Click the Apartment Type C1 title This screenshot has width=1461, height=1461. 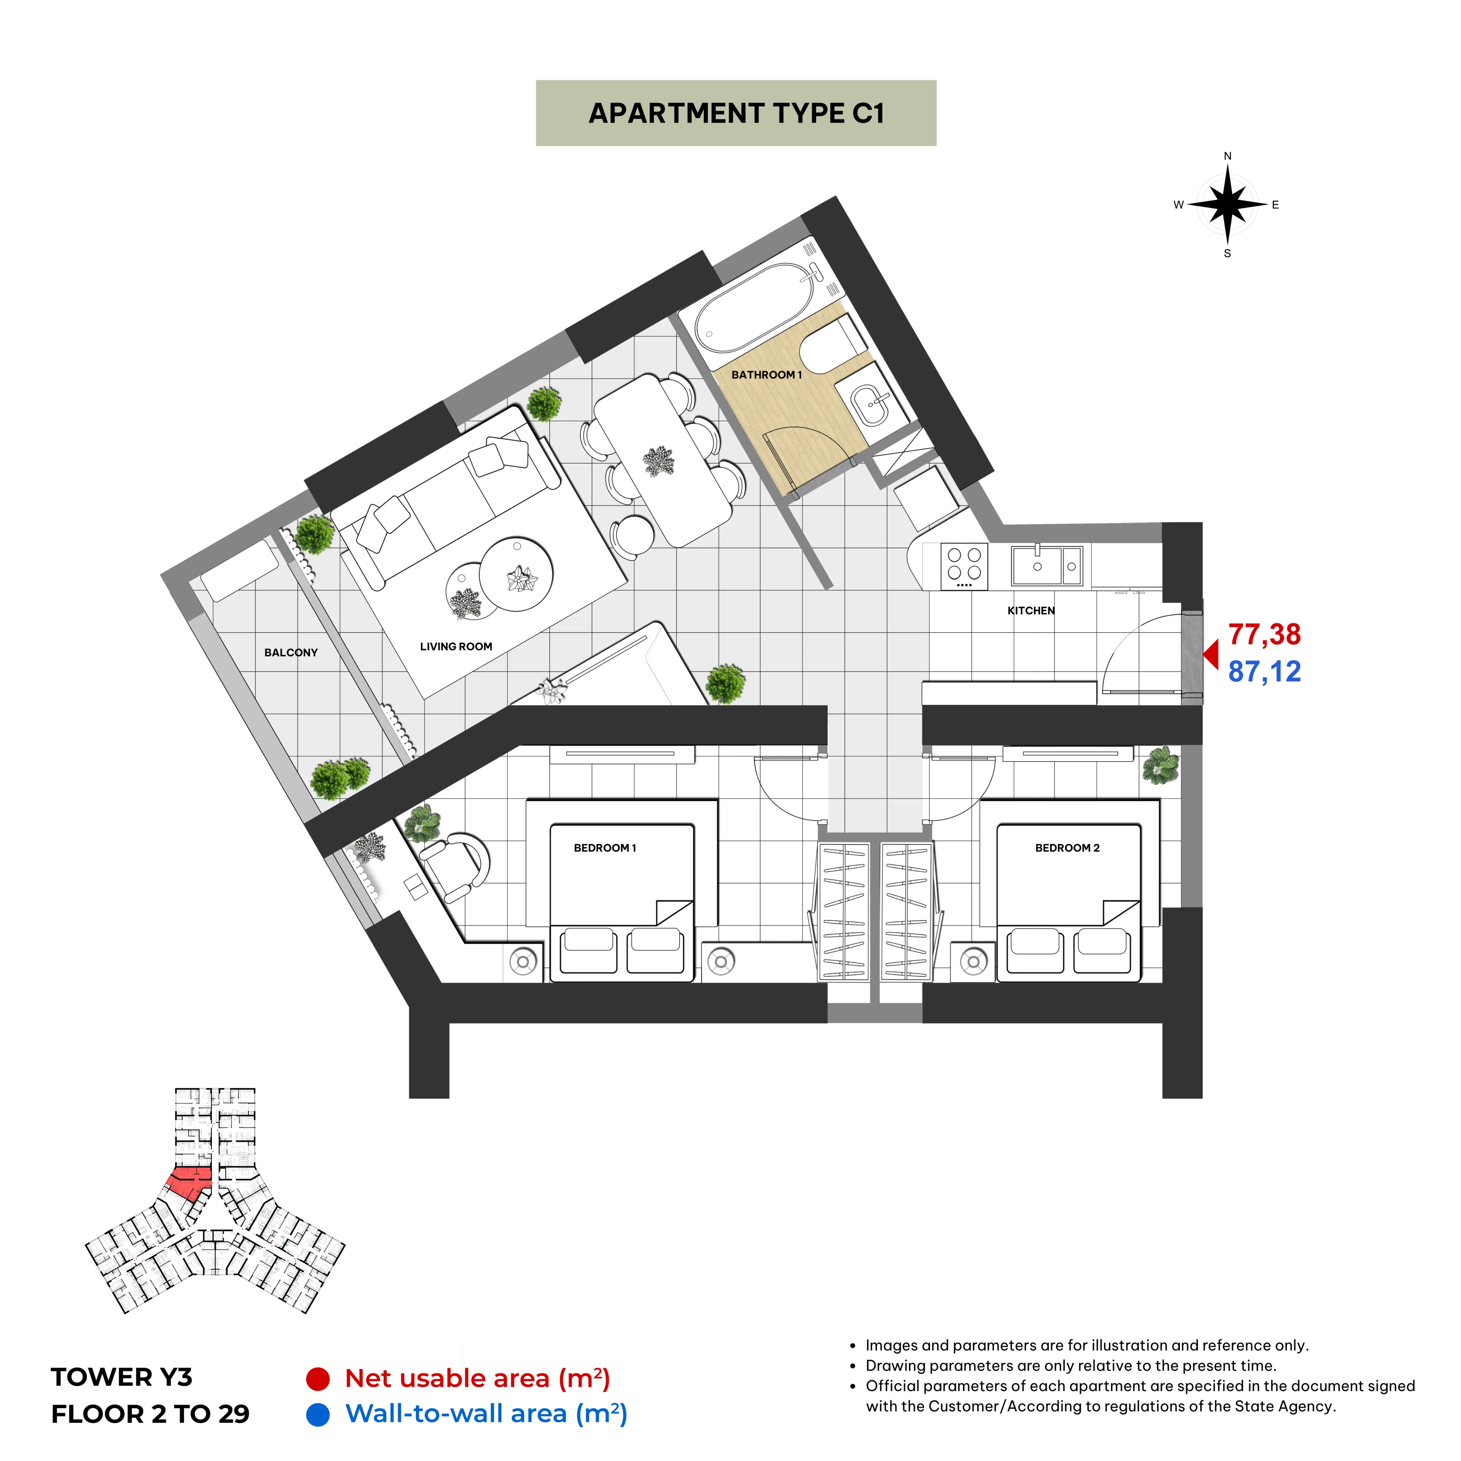point(736,113)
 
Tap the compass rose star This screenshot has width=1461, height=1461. point(1227,204)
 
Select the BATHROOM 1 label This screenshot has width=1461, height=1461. point(766,374)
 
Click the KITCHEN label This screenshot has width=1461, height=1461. point(1031,610)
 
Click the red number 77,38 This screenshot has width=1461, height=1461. point(1264,635)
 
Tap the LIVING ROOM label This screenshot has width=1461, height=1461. point(456,647)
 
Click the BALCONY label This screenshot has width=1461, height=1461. point(291,653)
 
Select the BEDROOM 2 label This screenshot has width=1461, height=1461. point(1067,848)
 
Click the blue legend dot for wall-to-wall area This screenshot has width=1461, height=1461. point(317,1414)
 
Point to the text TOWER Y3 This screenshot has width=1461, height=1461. point(122,1377)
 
